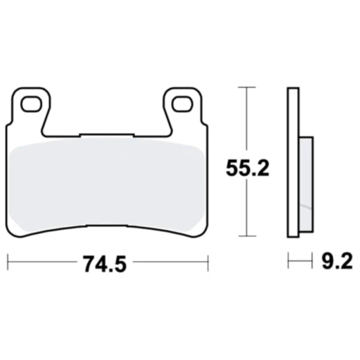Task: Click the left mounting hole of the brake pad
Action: [x=30, y=105]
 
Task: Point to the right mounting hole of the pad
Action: [x=182, y=105]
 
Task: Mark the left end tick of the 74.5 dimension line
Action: [x=8, y=262]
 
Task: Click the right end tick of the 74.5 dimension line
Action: [x=208, y=262]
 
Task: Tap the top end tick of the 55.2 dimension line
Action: [x=246, y=87]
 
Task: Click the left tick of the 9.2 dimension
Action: [x=288, y=262]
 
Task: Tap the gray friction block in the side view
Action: [x=306, y=183]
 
